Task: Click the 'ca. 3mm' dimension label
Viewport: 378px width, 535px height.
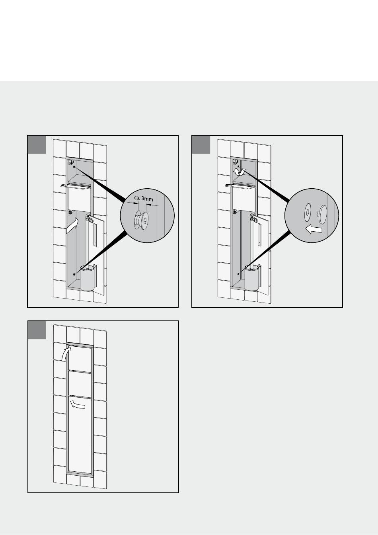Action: click(144, 198)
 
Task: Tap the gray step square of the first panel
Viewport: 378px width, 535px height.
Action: click(37, 145)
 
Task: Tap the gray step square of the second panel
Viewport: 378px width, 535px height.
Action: click(201, 145)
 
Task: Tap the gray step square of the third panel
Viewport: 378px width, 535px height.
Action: click(37, 330)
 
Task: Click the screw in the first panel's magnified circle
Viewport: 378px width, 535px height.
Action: click(142, 220)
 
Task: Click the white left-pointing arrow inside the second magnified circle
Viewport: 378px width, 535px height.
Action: click(314, 230)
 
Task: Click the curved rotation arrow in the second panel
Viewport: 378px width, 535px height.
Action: click(239, 172)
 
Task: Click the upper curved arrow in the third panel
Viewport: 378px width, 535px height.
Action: click(65, 354)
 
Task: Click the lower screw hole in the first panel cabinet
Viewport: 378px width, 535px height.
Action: click(74, 274)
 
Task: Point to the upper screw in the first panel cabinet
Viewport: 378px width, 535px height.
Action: click(74, 167)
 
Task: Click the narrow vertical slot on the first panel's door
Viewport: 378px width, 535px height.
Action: click(95, 235)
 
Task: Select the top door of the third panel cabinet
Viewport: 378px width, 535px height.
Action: click(80, 357)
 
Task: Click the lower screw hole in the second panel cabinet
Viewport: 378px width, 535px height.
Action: click(239, 274)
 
